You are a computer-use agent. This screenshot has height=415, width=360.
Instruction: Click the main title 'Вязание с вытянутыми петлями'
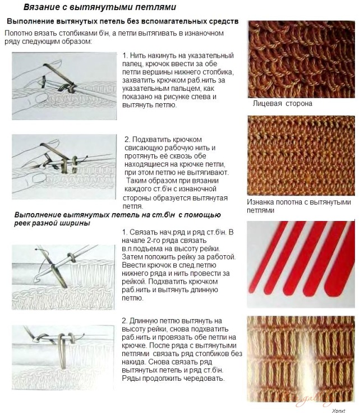99,8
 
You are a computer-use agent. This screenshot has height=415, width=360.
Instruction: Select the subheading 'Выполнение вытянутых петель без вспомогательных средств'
122,22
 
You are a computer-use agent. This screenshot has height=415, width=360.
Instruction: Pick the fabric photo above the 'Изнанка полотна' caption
302,155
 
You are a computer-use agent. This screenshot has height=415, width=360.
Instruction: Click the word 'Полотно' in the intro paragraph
20,34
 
